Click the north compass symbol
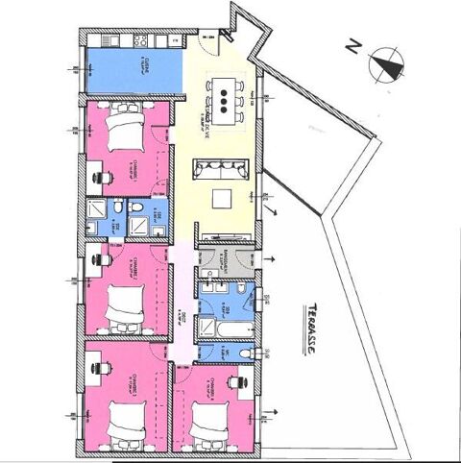pos(385,64)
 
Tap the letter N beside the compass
pos(354,45)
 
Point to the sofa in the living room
pos(223,170)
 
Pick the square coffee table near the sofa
pos(223,200)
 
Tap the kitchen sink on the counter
pos(107,41)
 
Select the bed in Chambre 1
pos(122,128)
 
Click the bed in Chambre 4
pos(208,419)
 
